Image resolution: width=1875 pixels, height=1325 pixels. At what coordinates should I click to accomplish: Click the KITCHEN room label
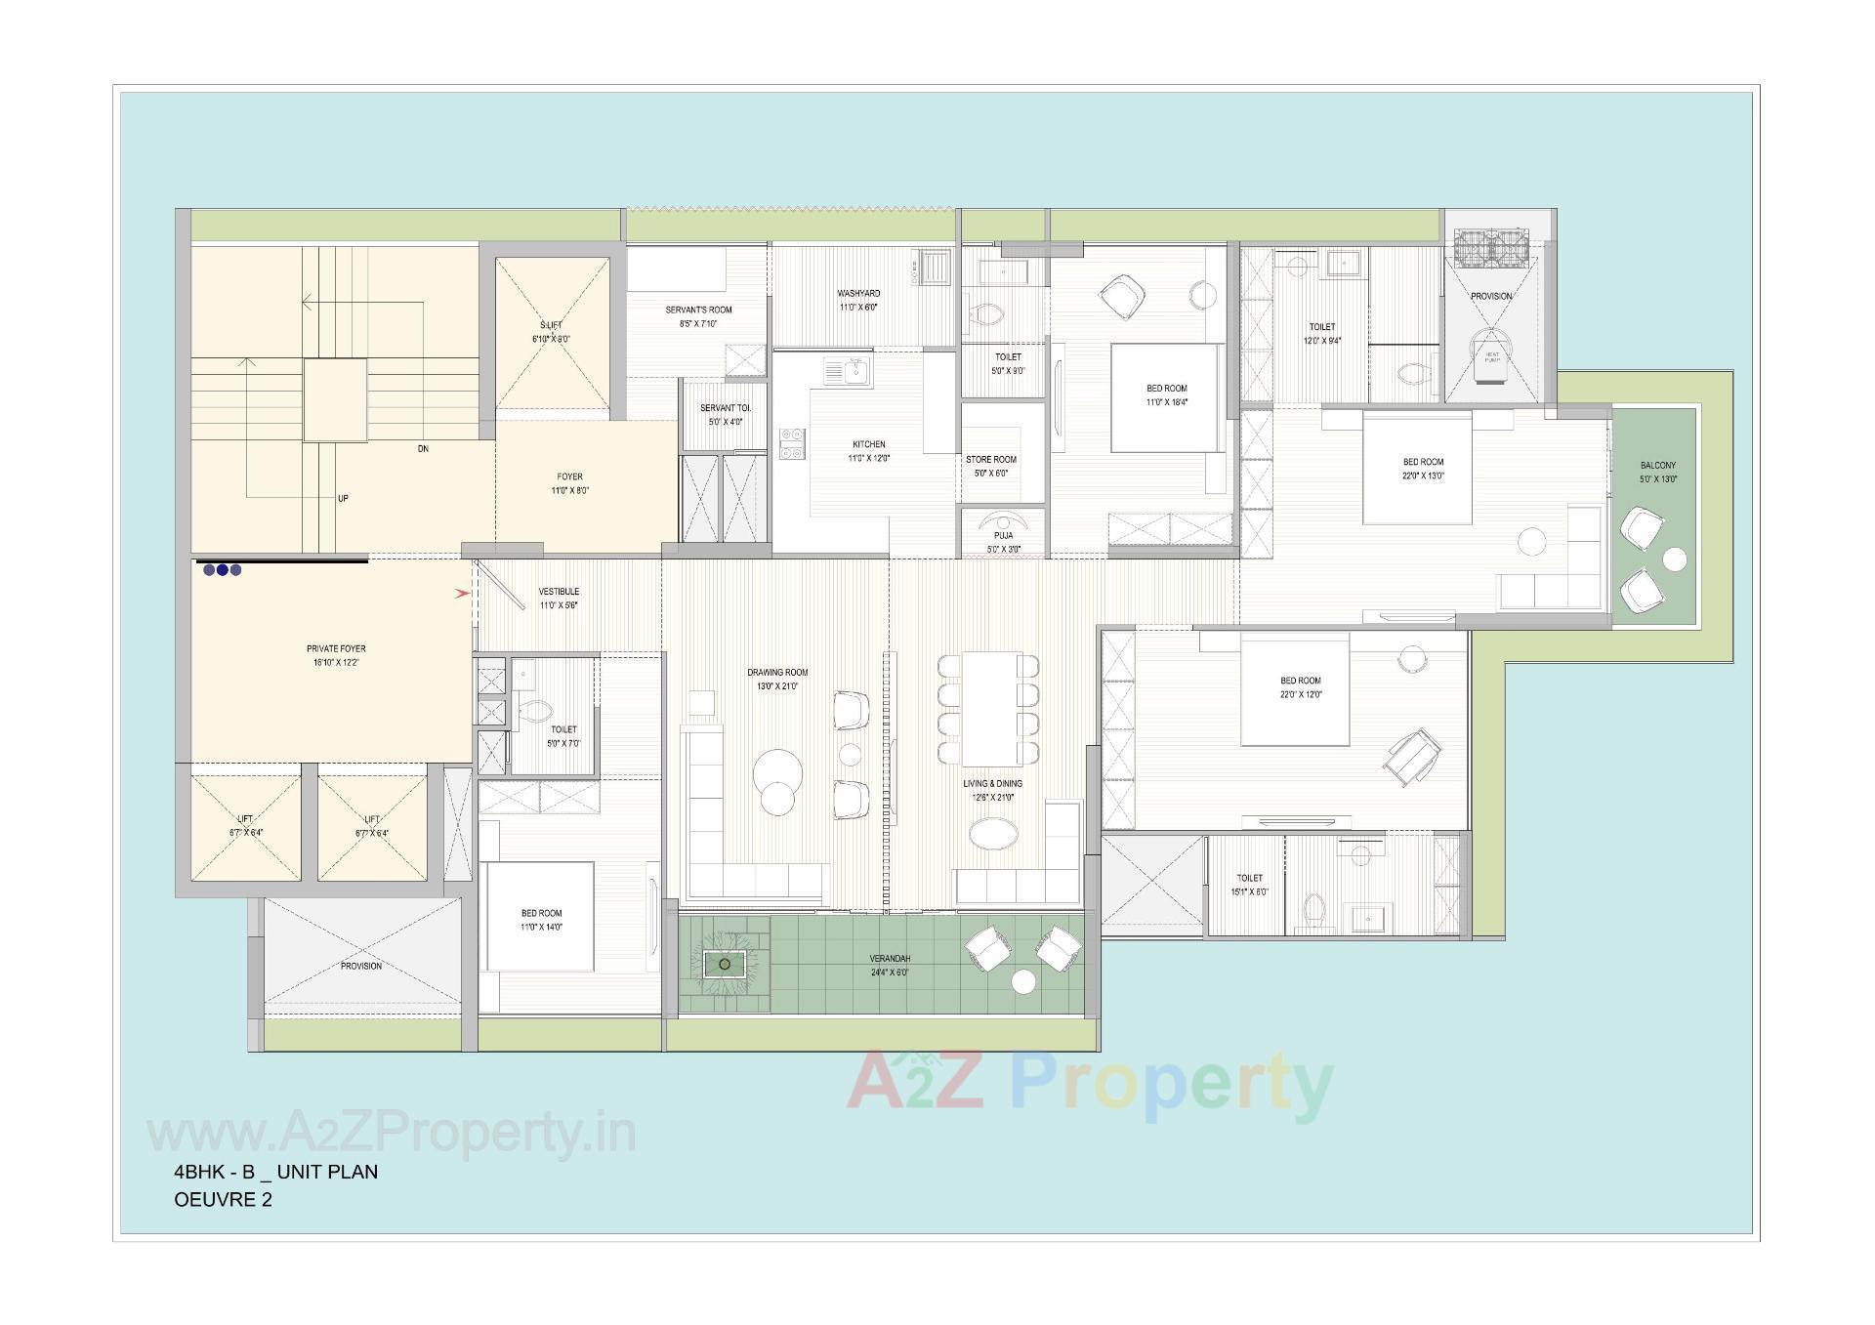[x=868, y=445]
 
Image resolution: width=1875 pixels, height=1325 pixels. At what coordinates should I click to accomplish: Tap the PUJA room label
[x=1003, y=536]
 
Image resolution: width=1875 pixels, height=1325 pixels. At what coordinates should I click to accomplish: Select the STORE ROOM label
[x=990, y=459]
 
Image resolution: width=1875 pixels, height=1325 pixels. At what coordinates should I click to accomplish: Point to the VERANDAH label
[x=890, y=959]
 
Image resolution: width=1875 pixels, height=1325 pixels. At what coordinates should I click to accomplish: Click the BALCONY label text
[x=1657, y=466]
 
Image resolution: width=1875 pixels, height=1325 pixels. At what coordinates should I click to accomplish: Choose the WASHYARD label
[x=858, y=293]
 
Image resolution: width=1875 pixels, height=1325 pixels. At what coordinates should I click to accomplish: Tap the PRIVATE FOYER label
[x=336, y=648]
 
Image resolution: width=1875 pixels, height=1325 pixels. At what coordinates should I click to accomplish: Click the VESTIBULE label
[x=559, y=592]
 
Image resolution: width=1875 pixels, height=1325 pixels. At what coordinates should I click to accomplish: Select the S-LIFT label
[x=551, y=325]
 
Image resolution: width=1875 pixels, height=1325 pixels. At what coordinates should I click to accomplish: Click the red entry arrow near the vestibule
[x=462, y=593]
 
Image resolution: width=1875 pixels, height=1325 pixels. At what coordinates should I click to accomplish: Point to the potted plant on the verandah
[x=724, y=965]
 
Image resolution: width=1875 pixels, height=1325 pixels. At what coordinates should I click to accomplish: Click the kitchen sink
[x=848, y=371]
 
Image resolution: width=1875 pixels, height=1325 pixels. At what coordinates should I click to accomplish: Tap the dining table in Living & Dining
[x=989, y=708]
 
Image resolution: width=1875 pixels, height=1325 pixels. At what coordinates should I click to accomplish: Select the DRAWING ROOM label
[x=777, y=673]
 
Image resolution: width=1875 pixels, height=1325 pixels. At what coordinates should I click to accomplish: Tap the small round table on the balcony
[x=1674, y=559]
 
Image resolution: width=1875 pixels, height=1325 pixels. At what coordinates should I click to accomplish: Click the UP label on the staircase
[x=343, y=499]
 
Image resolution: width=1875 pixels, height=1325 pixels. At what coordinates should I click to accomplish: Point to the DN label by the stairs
[x=423, y=449]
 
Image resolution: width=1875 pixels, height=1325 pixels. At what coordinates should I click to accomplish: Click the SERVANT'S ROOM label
[x=698, y=310]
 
